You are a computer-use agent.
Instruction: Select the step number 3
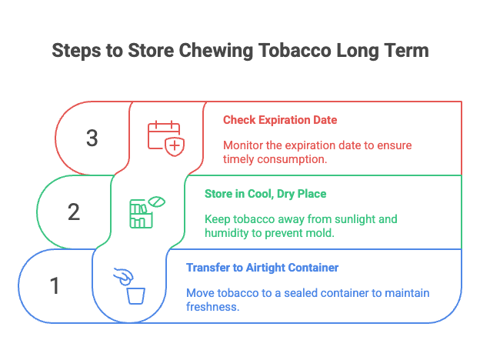[x=92, y=138]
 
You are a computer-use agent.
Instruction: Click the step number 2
[x=74, y=212]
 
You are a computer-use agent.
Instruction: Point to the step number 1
[x=55, y=286]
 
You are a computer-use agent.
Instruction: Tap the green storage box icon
[x=143, y=212]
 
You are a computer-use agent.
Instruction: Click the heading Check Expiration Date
[x=279, y=120]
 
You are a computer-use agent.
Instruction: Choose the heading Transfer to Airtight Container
[x=262, y=268]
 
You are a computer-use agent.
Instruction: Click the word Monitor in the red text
[x=242, y=145]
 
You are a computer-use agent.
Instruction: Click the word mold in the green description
[x=319, y=232]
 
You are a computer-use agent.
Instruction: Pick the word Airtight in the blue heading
[x=267, y=268]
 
